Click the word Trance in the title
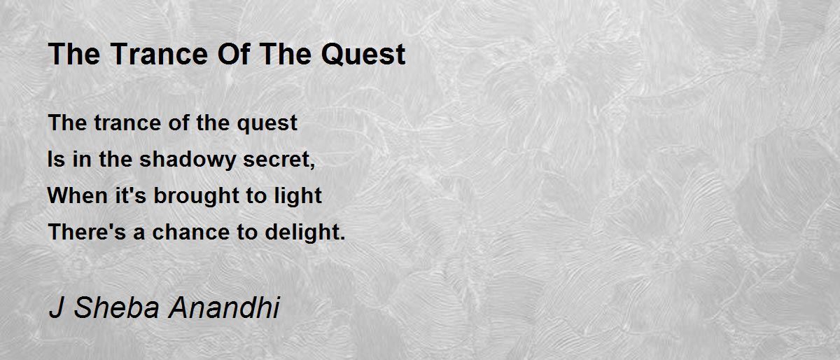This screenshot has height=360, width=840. (x=159, y=54)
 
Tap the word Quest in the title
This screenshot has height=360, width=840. (x=363, y=55)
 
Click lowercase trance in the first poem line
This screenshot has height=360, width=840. (x=127, y=123)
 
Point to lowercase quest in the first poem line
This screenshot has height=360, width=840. (x=267, y=124)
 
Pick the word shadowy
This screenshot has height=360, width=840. (x=188, y=160)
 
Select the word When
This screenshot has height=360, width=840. (x=78, y=195)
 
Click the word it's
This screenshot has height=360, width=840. (x=130, y=195)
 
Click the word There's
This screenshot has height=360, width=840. (x=87, y=232)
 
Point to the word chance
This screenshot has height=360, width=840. (x=190, y=232)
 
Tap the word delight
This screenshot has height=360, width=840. (x=302, y=233)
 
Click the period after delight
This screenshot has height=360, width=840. (x=342, y=238)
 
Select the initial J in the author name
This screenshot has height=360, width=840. (x=56, y=307)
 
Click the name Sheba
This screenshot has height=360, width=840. (x=117, y=307)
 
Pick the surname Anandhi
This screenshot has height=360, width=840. (x=224, y=307)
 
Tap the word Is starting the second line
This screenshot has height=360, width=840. (x=56, y=160)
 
